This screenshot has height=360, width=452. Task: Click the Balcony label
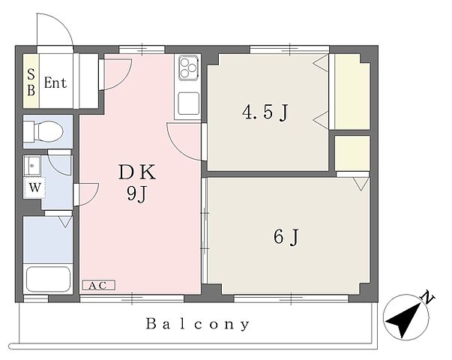click(197, 324)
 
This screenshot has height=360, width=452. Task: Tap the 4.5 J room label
click(265, 112)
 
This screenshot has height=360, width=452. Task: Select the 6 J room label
click(286, 238)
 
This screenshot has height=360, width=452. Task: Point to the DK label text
click(137, 172)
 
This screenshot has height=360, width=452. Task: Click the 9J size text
click(137, 193)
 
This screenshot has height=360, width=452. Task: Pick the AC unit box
click(99, 285)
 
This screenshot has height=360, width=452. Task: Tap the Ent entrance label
click(55, 83)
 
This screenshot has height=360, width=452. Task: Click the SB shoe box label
click(31, 82)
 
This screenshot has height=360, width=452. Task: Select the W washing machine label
click(35, 187)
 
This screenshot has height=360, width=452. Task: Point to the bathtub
click(48, 280)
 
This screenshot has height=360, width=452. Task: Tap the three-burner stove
click(187, 68)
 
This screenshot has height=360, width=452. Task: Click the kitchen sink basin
click(189, 103)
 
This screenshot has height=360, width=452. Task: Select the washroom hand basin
click(32, 166)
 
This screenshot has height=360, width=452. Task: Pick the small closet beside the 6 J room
click(352, 154)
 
